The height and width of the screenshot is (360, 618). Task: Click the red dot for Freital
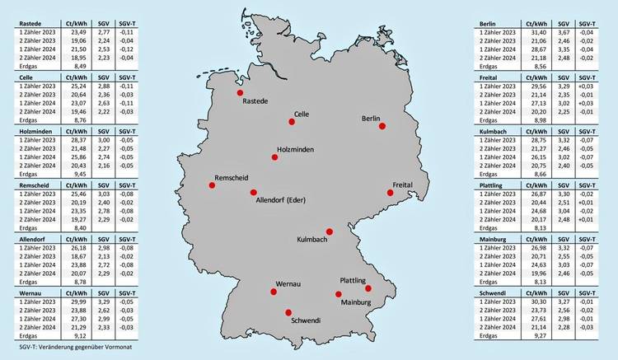(391, 193)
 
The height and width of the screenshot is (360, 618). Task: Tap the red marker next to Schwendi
(288, 312)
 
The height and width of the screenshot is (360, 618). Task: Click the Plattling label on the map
(353, 281)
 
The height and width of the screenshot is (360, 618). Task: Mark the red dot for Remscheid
(212, 185)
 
